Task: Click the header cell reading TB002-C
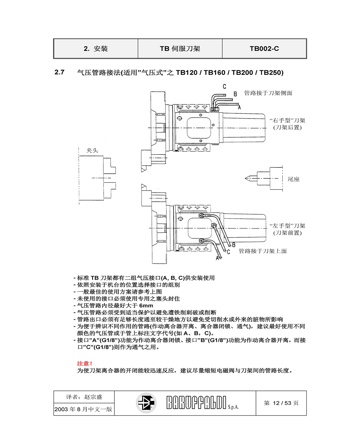[264, 49]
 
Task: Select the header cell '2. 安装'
[96, 49]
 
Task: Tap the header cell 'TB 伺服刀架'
[180, 49]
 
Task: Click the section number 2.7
[59, 72]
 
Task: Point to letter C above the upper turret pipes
[224, 86]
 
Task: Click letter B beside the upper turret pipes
[235, 94]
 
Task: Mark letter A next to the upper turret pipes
[239, 107]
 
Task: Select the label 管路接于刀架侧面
[268, 93]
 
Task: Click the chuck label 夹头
[92, 151]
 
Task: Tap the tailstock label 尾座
[293, 179]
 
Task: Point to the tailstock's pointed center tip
[246, 178]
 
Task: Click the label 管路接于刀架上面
[262, 251]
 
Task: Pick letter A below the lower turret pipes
[217, 258]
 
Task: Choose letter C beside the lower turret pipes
[229, 252]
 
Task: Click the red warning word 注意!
[85, 363]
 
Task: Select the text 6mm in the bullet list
[146, 306]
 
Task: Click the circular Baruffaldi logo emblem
[146, 403]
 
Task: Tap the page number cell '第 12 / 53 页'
[281, 403]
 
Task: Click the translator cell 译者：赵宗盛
[84, 397]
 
